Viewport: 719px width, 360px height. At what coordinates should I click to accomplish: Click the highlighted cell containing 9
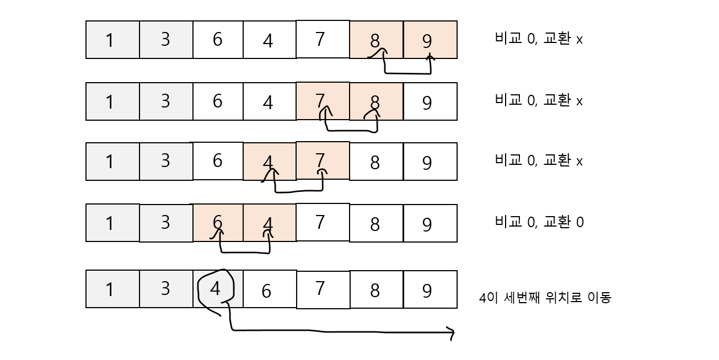[x=430, y=40]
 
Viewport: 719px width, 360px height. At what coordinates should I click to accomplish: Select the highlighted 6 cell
[x=217, y=223]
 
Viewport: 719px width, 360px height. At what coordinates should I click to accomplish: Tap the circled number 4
[x=216, y=289]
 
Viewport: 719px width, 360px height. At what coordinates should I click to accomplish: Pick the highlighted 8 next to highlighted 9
[x=375, y=40]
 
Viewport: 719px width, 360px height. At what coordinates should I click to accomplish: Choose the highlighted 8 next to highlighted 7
[x=375, y=101]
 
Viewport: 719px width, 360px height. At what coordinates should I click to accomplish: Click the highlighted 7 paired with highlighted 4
[x=322, y=161]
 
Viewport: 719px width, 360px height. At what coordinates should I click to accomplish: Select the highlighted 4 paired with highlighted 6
[x=269, y=223]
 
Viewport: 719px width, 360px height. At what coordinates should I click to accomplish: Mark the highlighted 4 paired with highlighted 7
[x=269, y=162]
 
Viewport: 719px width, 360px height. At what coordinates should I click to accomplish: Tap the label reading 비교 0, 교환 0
[x=539, y=222]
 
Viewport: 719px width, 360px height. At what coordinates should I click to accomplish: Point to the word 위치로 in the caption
[x=563, y=298]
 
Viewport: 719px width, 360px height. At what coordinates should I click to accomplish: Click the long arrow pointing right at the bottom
[x=342, y=332]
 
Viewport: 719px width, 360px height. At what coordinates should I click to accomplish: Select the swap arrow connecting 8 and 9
[x=407, y=72]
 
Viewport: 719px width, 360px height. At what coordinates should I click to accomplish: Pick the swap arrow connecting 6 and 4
[x=245, y=252]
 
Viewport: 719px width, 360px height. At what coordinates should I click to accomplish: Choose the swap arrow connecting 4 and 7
[x=298, y=191]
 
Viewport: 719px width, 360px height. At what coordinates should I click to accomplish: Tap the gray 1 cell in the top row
[x=112, y=40]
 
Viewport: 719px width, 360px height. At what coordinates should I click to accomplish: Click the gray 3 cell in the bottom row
[x=166, y=289]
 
